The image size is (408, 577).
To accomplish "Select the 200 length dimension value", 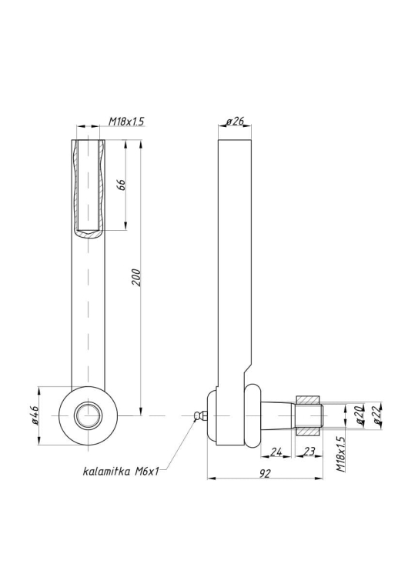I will coord(135,278).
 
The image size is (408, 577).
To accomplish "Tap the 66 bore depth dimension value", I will coord(121,185).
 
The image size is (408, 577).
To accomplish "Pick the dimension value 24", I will coord(277,452).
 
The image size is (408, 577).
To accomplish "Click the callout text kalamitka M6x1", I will coord(120,471).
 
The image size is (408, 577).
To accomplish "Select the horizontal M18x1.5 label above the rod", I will coord(125,122).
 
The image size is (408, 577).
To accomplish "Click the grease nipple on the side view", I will coord(202,415).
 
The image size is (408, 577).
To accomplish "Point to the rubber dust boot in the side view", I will coord(253,415).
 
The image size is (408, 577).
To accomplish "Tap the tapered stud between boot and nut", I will coord(278,415).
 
